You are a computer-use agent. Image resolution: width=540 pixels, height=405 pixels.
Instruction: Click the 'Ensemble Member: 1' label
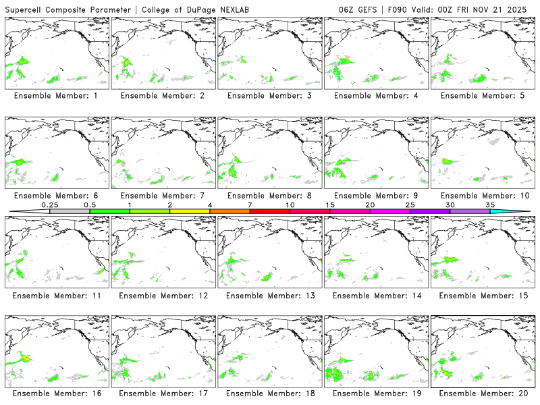pos(56,96)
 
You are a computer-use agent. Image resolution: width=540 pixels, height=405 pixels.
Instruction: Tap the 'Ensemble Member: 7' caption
pos(163,196)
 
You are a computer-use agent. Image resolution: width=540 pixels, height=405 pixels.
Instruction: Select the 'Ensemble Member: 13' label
pos(269,295)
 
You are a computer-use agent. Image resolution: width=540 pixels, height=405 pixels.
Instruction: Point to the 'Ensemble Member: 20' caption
pos(482,393)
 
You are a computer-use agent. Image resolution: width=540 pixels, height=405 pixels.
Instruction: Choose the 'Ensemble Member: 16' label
pos(56,393)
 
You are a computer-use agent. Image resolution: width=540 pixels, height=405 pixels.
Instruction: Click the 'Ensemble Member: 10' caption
pos(482,196)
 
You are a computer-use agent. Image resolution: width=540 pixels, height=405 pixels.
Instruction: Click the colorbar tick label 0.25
pos(49,205)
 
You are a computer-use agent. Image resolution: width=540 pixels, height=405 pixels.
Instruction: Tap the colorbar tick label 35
pos(491,205)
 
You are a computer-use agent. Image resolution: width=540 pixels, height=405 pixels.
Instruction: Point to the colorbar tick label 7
pos(250,205)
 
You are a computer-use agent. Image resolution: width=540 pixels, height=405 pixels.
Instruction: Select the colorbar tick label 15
pos(330,205)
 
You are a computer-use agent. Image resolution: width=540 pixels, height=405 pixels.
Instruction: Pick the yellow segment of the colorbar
pos(190,211)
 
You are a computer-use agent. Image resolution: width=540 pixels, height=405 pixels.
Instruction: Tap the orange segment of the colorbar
pos(230,211)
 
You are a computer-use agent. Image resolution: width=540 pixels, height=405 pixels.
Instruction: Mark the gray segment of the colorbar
pos(70,211)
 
